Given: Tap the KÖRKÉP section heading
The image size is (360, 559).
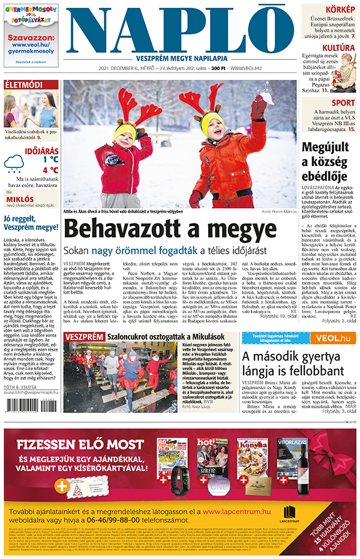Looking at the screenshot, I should pyautogui.click(x=339, y=10).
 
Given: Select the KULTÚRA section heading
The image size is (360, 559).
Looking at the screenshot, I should pyautogui.click(x=339, y=47).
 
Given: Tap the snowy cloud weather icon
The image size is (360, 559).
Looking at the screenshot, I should pyautogui.click(x=14, y=164).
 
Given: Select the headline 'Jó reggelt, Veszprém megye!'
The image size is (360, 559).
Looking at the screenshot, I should pyautogui.click(x=30, y=223).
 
